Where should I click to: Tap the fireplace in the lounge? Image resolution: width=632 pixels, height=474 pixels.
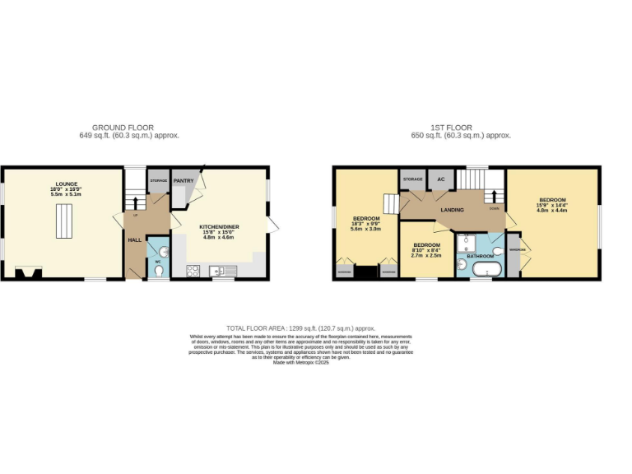(x=27, y=272)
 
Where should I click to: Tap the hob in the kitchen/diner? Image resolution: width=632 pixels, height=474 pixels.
(x=194, y=270)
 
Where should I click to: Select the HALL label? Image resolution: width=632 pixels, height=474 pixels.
(x=134, y=240)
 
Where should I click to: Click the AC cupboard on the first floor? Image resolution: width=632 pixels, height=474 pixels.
(x=440, y=179)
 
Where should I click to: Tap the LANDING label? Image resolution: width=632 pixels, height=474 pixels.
(x=452, y=210)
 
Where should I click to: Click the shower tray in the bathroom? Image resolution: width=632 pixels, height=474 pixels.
(x=470, y=240)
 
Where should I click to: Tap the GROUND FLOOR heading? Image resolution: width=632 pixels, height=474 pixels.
(x=123, y=128)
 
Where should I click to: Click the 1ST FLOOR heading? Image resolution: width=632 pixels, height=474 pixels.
(x=451, y=128)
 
